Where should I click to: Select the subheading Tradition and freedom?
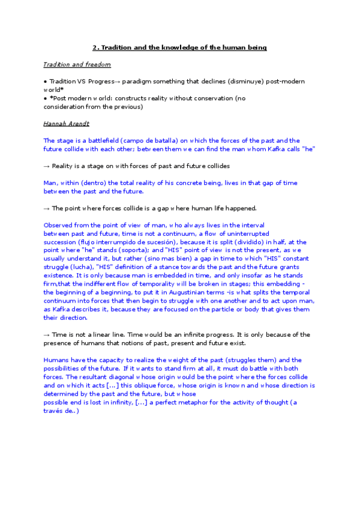[77, 64]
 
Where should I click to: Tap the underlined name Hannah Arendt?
[67, 123]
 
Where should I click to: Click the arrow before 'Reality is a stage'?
[47, 166]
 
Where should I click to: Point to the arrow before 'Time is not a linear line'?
[47, 334]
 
